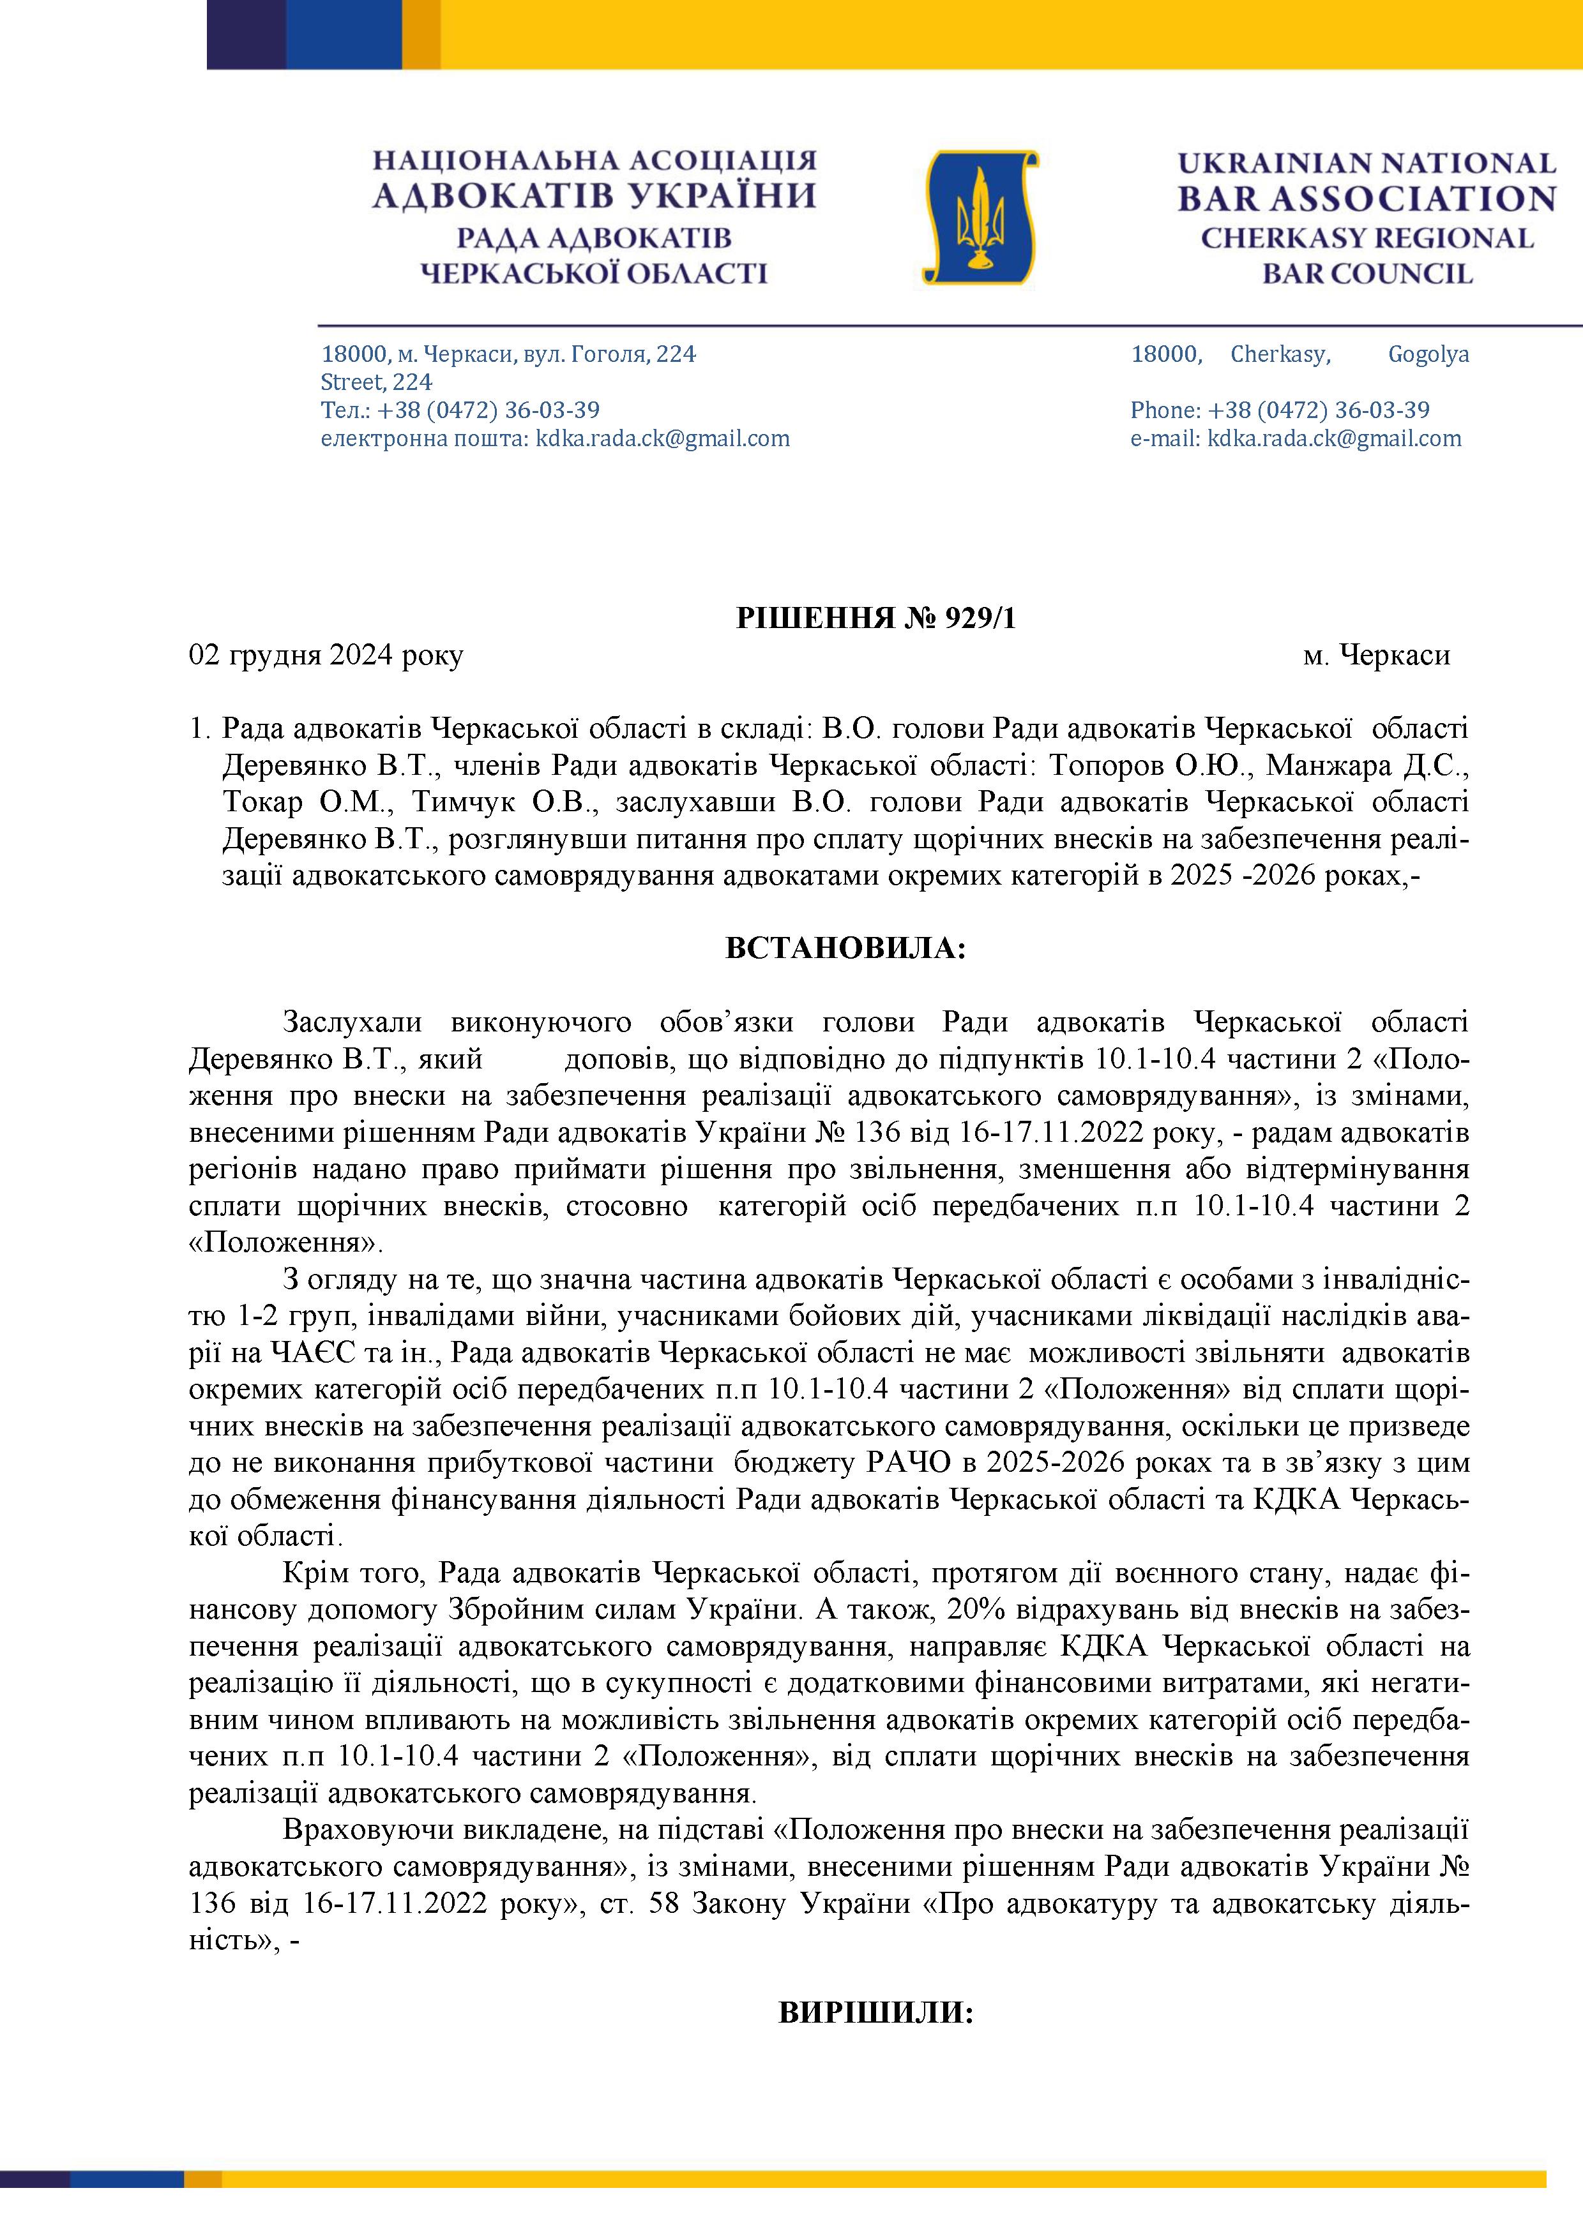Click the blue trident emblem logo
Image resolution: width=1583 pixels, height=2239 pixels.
pos(980,216)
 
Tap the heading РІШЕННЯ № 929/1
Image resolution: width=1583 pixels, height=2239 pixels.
pos(876,618)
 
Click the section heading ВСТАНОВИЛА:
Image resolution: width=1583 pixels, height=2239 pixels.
pos(845,948)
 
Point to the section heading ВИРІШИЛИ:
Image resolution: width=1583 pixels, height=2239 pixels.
pos(876,2013)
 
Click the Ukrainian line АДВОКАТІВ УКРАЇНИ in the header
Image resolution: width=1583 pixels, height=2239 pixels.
pos(594,197)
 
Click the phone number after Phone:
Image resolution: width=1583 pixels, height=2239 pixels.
pos(1319,410)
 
